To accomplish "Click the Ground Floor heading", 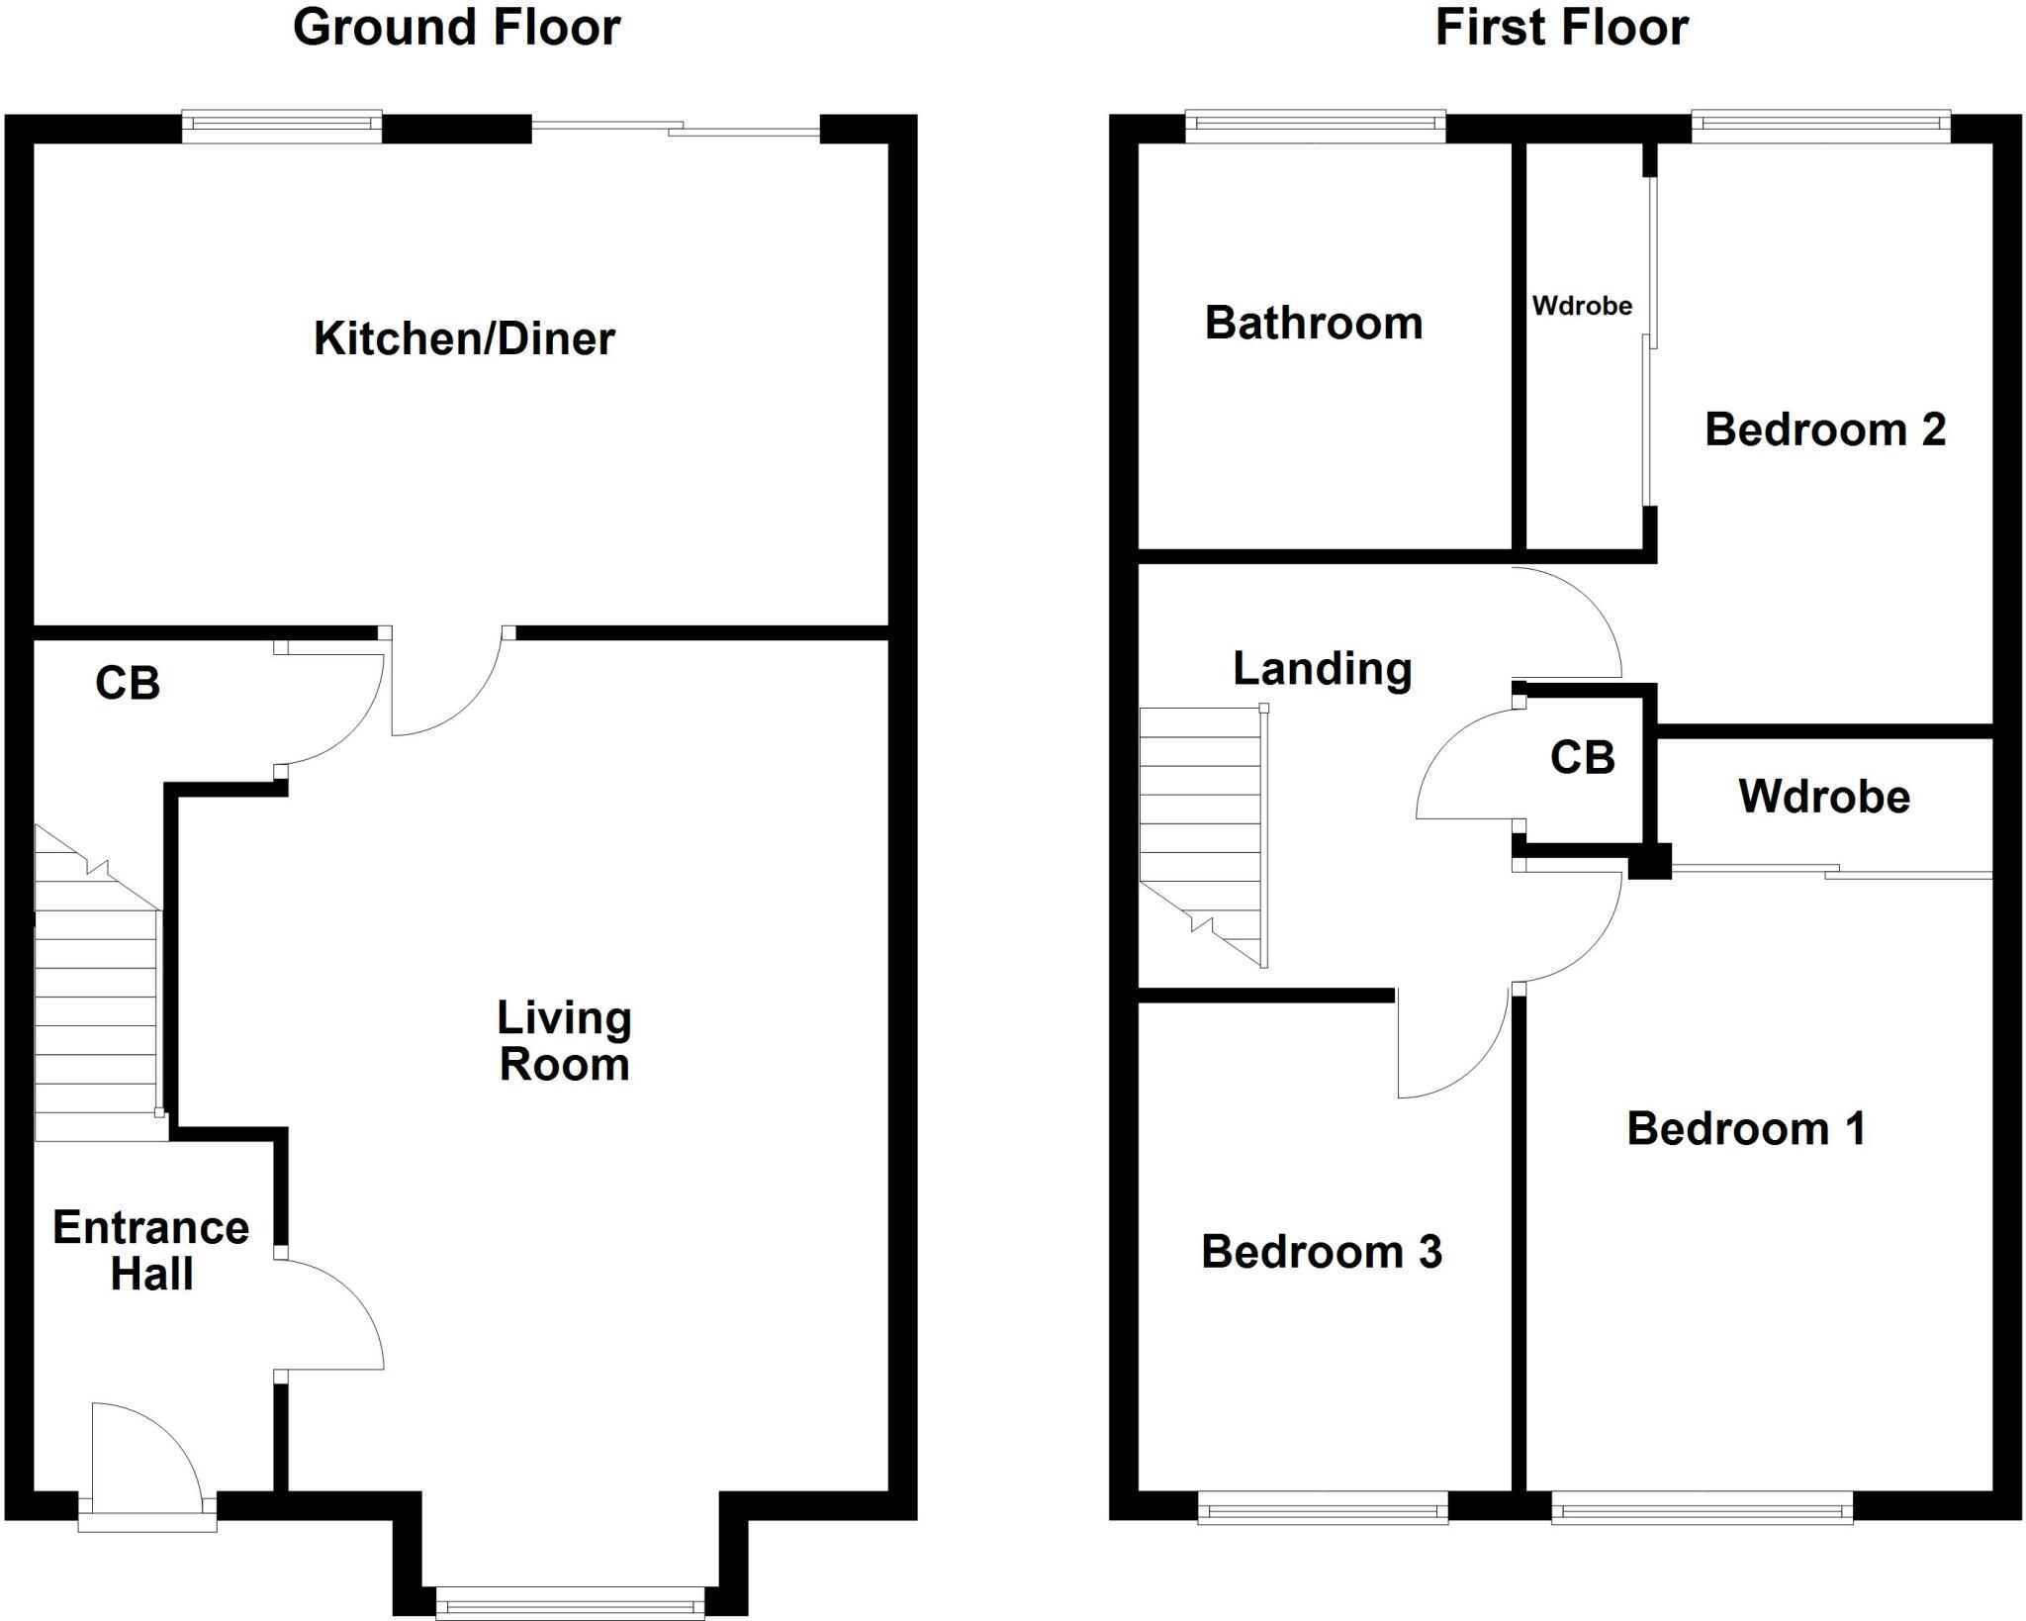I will coord(456,28).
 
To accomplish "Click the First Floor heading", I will coord(1561,28).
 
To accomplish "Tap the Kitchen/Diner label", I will coord(464,339).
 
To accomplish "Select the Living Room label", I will coord(564,1041).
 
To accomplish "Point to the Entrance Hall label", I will coord(150,1251).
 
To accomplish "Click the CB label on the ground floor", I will coord(127,683).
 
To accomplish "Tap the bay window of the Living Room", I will coord(570,1601).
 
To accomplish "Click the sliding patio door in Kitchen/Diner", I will coord(676,129).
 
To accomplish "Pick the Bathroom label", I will coord(1313,324).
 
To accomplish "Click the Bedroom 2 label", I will coord(1824,429).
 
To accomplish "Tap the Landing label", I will coord(1322,669).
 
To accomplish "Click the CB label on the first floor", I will coord(1582,758).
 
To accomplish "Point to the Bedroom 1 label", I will coord(1746,1129).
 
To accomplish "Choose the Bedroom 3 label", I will coord(1321,1252).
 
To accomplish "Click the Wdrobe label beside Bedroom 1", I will coord(1823,797).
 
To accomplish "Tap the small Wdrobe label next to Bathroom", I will coord(1582,306).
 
